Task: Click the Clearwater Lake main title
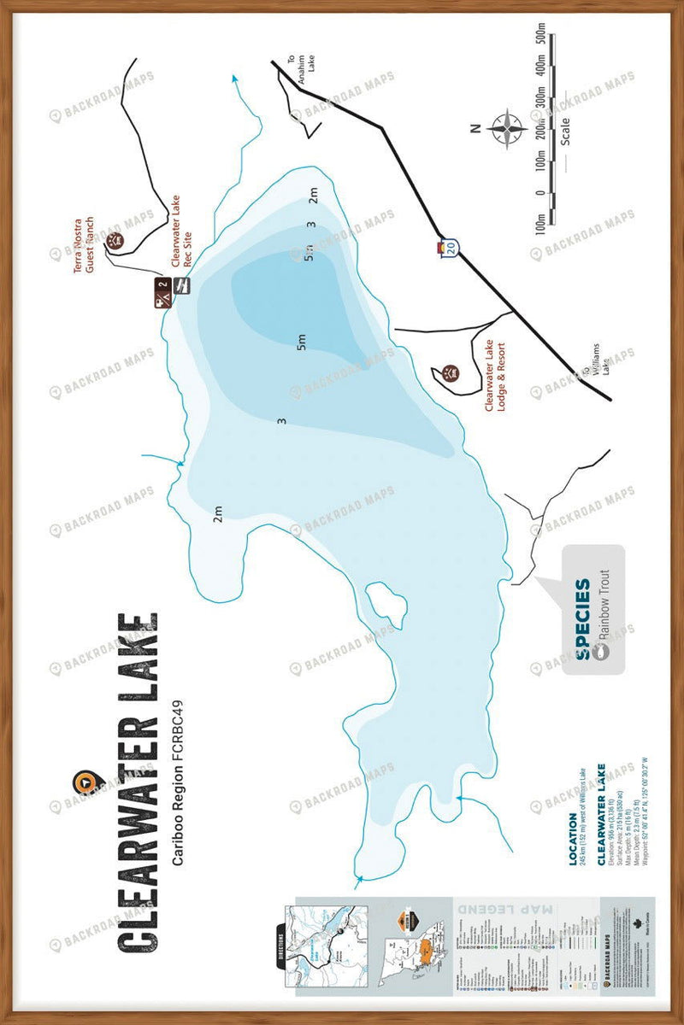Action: tap(137, 782)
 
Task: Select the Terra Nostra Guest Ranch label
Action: tap(83, 244)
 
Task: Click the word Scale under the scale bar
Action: tap(565, 129)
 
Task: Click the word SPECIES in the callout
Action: tap(582, 619)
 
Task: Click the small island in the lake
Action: tap(386, 606)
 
